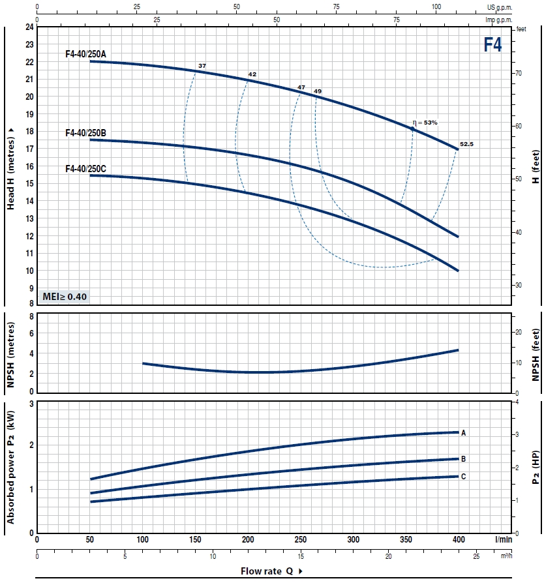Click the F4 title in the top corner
(x=492, y=44)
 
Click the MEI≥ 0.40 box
(x=64, y=297)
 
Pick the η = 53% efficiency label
(x=425, y=122)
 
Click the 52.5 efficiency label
(x=466, y=143)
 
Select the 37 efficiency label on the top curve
(x=202, y=67)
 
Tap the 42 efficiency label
(x=252, y=74)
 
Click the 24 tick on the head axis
(x=29, y=27)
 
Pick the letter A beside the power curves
(x=463, y=432)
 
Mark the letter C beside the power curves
(x=463, y=477)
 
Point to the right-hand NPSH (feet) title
(x=535, y=353)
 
